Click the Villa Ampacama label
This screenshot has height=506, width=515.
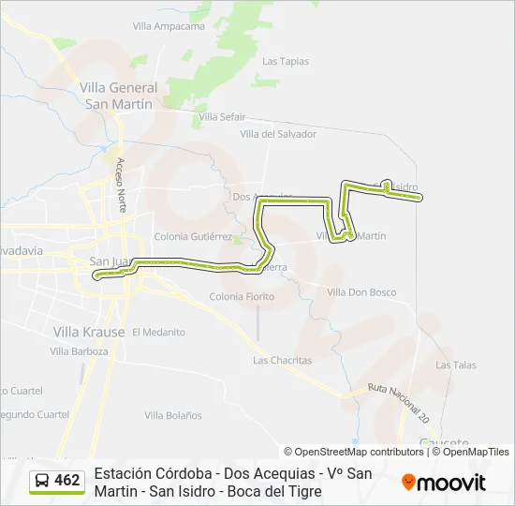tap(169, 26)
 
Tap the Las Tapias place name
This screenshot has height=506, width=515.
tap(286, 62)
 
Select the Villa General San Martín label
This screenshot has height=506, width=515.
tap(119, 96)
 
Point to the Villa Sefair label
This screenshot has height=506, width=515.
tap(221, 116)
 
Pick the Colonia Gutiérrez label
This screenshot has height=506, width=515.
tap(193, 237)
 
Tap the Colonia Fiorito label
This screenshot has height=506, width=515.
tap(243, 297)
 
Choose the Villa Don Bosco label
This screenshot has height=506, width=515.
tap(361, 292)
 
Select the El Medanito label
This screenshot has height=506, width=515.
tap(158, 332)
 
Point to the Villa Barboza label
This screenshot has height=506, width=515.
tap(80, 351)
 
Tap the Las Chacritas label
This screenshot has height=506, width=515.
tap(280, 360)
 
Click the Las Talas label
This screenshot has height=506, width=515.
tap(456, 365)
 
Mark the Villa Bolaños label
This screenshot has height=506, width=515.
tap(173, 415)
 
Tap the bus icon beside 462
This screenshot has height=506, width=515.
tap(43, 481)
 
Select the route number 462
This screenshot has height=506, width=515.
tap(67, 481)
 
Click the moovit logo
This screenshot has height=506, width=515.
tap(444, 483)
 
